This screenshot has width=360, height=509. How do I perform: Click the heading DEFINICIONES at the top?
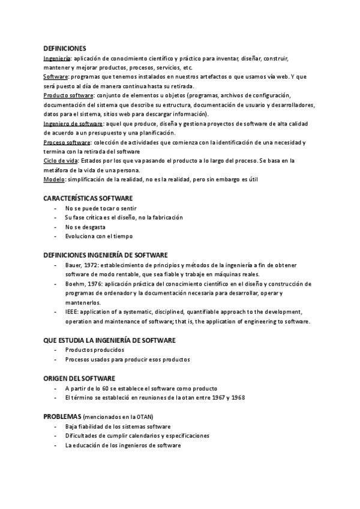(65, 48)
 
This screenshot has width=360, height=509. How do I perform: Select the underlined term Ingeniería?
(57, 59)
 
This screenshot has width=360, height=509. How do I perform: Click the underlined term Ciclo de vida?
(61, 161)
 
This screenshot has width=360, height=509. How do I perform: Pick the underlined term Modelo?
(55, 179)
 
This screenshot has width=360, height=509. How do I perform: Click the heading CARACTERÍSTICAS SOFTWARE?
(88, 198)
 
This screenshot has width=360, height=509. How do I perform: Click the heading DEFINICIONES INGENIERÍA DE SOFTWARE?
(106, 255)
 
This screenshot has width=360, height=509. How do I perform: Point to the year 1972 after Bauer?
(88, 265)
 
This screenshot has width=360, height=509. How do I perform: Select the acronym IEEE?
(71, 312)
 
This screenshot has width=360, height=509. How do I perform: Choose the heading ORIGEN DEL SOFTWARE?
(80, 379)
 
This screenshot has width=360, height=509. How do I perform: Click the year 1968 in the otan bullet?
(239, 397)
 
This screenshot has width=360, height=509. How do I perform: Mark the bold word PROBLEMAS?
(62, 416)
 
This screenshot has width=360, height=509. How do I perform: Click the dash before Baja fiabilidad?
(56, 426)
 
